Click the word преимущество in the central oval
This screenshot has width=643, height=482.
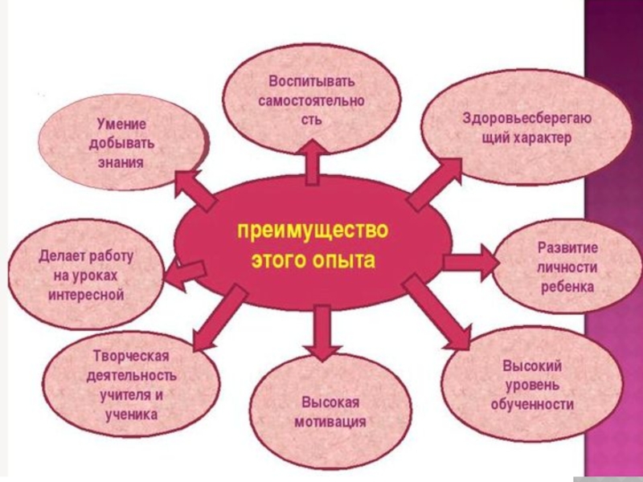click(x=313, y=231)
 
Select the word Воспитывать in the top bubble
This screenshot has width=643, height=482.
click(x=311, y=82)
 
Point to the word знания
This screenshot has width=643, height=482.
click(x=121, y=163)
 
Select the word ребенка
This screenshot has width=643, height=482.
click(x=567, y=287)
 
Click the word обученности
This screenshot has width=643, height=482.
click(x=532, y=404)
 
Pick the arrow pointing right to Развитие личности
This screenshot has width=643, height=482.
click(x=473, y=261)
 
